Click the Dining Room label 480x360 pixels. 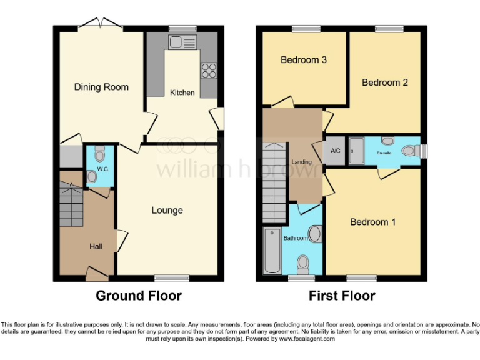point(101,87)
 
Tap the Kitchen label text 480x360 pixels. point(182,92)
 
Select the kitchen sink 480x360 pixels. point(182,42)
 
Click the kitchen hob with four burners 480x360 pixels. point(208,71)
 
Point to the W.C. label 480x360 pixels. point(103,169)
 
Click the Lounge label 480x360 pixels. point(167,211)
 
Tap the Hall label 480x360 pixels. point(96,247)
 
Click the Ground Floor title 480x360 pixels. point(138,296)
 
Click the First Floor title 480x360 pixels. point(342,296)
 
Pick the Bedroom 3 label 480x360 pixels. point(304,60)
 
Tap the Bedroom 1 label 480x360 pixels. point(372,222)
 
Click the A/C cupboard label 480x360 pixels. point(335,151)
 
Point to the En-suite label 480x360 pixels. point(384,151)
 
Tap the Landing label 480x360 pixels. point(302,162)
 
